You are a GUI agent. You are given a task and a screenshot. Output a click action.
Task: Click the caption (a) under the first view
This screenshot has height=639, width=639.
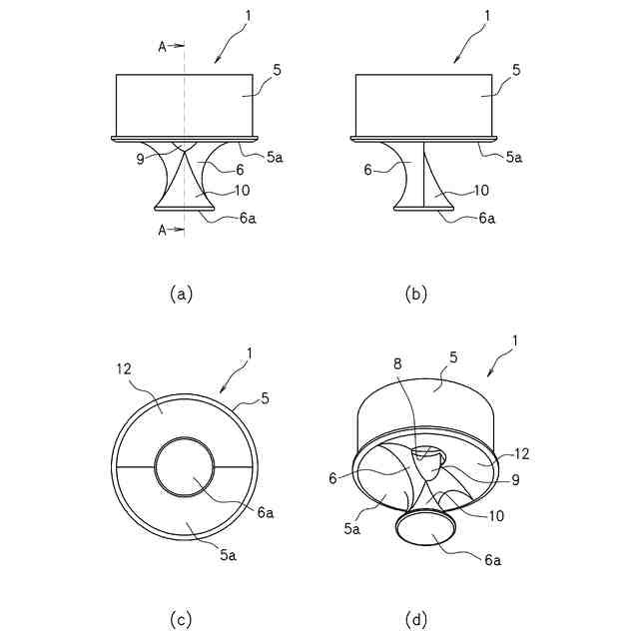pos(180,293)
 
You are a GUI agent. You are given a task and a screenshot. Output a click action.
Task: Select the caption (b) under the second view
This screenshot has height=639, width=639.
pos(417,293)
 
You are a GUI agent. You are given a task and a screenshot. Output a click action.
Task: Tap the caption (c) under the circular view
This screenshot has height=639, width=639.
pos(180,620)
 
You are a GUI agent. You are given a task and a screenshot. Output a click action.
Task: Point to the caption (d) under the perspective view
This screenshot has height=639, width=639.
pos(417,620)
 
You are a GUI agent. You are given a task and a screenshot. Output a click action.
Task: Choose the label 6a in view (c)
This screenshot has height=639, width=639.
pos(266,512)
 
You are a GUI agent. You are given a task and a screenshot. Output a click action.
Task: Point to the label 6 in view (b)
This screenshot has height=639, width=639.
pos(368,172)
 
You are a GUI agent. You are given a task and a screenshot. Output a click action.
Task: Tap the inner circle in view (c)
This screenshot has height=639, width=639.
pos(185,467)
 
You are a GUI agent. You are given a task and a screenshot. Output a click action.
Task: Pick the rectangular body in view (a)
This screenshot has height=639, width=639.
pos(185,104)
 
